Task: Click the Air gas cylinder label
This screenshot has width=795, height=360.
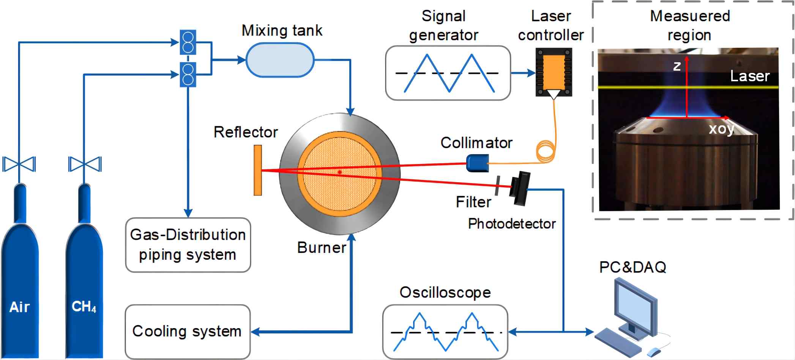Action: click(x=19, y=307)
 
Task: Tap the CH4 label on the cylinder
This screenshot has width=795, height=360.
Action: click(x=84, y=306)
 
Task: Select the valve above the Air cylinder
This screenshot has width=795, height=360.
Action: click(x=19, y=164)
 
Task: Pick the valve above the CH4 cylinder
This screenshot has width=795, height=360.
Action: click(x=85, y=164)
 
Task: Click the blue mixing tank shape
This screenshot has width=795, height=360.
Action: click(x=280, y=60)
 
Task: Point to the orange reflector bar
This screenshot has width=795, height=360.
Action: click(x=258, y=170)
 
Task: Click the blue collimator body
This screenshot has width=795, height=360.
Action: click(x=477, y=163)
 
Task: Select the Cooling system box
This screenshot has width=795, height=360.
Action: click(x=188, y=332)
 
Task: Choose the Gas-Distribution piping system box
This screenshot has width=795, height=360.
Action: click(x=188, y=245)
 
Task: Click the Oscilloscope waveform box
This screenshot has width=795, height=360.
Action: click(x=445, y=332)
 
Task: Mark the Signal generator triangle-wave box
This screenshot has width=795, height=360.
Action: click(x=448, y=73)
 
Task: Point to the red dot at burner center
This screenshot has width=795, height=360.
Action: click(x=339, y=172)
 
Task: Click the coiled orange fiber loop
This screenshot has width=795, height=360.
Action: click(x=546, y=151)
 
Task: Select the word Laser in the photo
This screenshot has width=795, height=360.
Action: click(x=750, y=76)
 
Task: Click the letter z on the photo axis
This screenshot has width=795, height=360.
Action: click(x=677, y=66)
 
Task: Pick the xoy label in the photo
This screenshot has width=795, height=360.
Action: click(x=721, y=129)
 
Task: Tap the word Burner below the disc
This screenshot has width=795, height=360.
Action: click(x=322, y=248)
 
